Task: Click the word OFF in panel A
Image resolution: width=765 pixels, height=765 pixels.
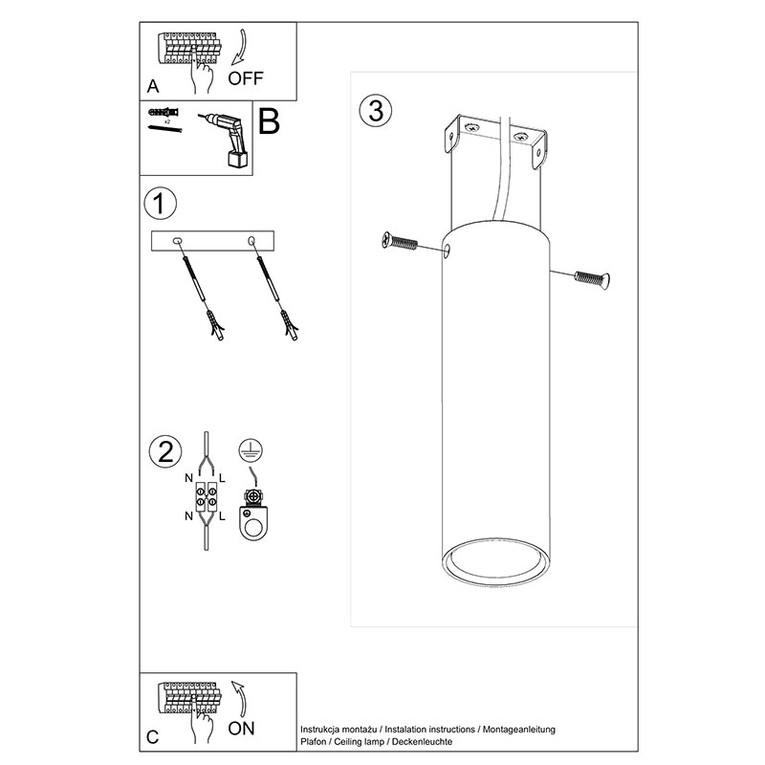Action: pyautogui.click(x=246, y=78)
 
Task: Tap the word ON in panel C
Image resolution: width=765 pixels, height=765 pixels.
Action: pyautogui.click(x=241, y=729)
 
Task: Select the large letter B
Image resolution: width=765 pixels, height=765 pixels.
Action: pyautogui.click(x=269, y=121)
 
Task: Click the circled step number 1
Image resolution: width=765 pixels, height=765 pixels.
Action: pyautogui.click(x=160, y=203)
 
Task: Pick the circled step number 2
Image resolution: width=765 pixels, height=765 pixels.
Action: pyautogui.click(x=165, y=451)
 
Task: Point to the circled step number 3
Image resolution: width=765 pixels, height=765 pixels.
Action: pyautogui.click(x=376, y=111)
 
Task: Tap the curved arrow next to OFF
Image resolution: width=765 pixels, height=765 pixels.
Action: pyautogui.click(x=239, y=47)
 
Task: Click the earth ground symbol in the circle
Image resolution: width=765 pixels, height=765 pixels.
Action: pyautogui.click(x=251, y=449)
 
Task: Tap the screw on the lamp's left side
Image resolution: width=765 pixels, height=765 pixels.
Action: pyautogui.click(x=400, y=241)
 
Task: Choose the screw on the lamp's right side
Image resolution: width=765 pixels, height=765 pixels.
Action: pyautogui.click(x=592, y=279)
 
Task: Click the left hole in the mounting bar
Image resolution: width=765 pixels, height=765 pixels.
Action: pyautogui.click(x=178, y=240)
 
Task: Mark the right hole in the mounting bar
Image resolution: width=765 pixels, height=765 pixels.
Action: pyautogui.click(x=251, y=240)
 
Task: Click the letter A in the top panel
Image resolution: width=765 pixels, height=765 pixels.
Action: pyautogui.click(x=153, y=86)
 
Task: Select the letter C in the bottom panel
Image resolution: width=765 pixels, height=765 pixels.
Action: pyautogui.click(x=152, y=736)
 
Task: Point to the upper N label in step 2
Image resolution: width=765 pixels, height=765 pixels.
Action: pyautogui.click(x=188, y=478)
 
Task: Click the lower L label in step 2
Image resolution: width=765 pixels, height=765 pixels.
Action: pyautogui.click(x=222, y=516)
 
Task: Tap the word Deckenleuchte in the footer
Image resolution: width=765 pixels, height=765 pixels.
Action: pyautogui.click(x=422, y=742)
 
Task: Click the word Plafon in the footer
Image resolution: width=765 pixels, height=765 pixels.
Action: pyautogui.click(x=314, y=742)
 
